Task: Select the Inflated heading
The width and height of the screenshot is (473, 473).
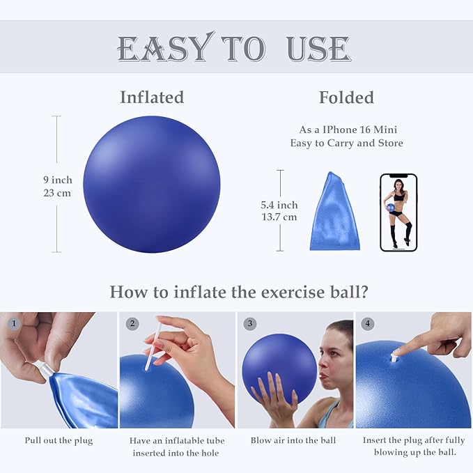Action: (152, 98)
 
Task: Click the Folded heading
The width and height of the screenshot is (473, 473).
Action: (346, 98)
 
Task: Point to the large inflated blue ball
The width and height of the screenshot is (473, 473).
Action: (151, 184)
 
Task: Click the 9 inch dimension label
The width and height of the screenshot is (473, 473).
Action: (57, 180)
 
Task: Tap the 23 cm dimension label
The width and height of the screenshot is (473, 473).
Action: (57, 193)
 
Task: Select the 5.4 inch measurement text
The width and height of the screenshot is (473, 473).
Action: (279, 205)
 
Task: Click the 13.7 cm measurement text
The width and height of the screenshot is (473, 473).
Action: (279, 217)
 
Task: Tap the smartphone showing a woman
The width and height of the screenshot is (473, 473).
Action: (398, 212)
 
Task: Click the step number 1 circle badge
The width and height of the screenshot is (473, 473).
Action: (13, 323)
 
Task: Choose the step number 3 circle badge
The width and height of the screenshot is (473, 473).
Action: (249, 323)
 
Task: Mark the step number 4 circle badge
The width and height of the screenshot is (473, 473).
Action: (367, 323)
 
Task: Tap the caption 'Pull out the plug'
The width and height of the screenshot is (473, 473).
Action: (59, 440)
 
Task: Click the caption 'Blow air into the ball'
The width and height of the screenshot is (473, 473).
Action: (293, 440)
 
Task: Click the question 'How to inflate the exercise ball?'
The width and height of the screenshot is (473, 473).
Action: (239, 291)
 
